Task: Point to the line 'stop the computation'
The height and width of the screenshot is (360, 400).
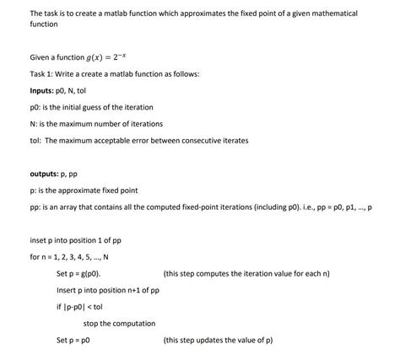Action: click(x=119, y=323)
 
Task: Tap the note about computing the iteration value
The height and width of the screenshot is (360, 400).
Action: click(x=246, y=274)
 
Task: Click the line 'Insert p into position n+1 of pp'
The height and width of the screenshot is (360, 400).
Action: click(x=108, y=290)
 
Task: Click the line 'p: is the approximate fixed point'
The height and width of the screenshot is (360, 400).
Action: click(x=84, y=191)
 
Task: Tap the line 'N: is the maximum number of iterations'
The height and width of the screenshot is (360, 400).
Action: click(x=90, y=123)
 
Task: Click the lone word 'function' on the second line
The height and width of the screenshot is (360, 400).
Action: click(x=43, y=25)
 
